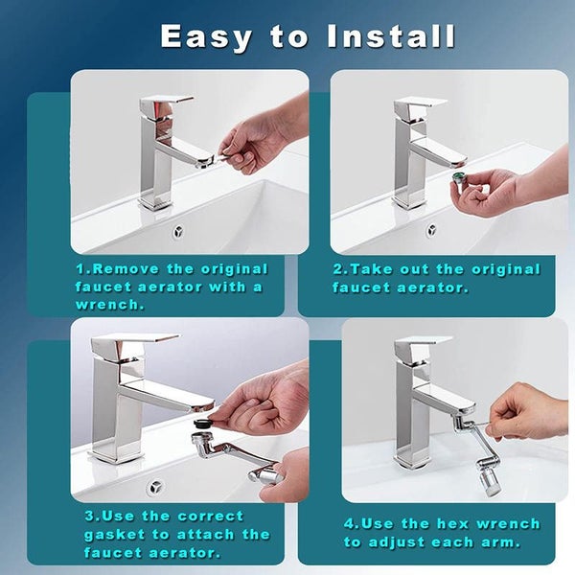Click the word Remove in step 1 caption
(x=129, y=269)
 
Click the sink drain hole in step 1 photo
(x=176, y=231)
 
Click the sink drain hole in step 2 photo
(x=431, y=230)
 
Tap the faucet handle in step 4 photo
(x=422, y=342)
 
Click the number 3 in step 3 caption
(x=88, y=516)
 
